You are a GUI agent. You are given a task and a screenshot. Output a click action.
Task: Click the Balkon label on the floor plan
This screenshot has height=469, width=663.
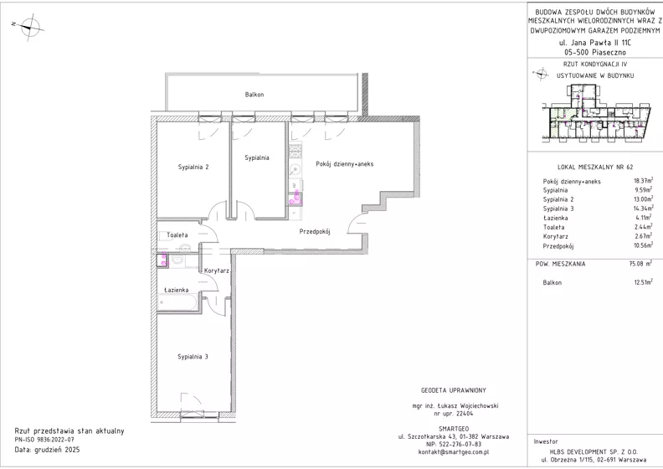254,95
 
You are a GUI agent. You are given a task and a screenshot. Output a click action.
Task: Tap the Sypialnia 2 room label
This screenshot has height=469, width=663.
193,167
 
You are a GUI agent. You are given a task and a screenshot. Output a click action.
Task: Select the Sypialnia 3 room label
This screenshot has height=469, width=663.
193,357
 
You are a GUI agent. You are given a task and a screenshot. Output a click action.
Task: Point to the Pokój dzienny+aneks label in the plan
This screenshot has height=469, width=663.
345,164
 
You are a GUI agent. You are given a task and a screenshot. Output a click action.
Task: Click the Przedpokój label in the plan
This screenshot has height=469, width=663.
315,231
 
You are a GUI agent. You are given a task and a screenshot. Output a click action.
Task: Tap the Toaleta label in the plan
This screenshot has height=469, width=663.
177,234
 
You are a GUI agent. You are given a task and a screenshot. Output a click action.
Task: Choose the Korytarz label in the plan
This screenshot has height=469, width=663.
217,271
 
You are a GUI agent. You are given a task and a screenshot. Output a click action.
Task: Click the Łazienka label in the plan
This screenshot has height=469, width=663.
177,290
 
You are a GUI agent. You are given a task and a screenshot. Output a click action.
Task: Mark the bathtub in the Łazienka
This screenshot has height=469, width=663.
177,303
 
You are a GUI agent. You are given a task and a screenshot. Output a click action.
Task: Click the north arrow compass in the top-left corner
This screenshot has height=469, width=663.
28,26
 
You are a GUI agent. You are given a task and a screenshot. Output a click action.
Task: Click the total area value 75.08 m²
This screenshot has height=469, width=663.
641,264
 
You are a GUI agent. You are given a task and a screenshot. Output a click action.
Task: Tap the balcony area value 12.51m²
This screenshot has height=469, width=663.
643,282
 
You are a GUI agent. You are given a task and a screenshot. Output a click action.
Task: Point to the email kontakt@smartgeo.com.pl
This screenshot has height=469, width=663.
453,451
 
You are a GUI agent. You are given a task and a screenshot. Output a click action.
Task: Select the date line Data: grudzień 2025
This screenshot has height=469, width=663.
47,450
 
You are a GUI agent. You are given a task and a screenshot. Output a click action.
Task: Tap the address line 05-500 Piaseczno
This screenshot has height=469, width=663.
595,53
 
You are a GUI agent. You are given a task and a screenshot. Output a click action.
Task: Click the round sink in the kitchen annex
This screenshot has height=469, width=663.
296,169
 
